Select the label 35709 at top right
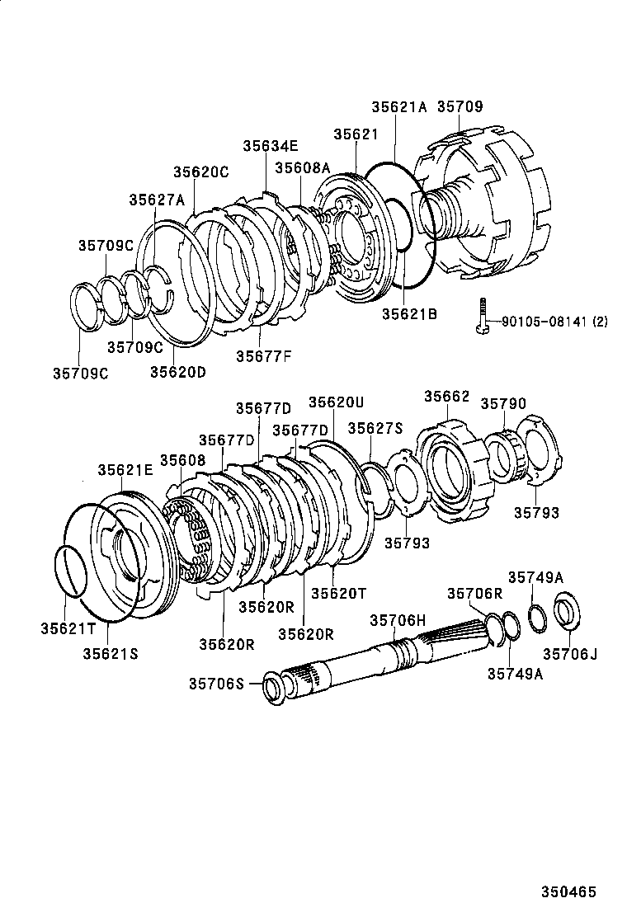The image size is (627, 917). pyautogui.click(x=460, y=106)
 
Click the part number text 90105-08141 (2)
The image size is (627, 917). pyautogui.click(x=549, y=322)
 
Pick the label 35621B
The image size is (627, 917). pyautogui.click(x=408, y=313)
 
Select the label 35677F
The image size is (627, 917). pyautogui.click(x=263, y=356)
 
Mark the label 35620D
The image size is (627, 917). pyautogui.click(x=177, y=371)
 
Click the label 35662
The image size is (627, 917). pyautogui.click(x=446, y=397)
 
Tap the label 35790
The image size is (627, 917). pyautogui.click(x=503, y=403)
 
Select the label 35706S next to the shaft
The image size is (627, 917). pyautogui.click(x=217, y=683)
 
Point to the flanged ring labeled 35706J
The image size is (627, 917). pyautogui.click(x=566, y=612)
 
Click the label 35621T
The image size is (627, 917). pyautogui.click(x=68, y=628)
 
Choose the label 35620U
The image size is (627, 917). pyautogui.click(x=336, y=402)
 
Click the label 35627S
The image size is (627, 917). pyautogui.click(x=375, y=428)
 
